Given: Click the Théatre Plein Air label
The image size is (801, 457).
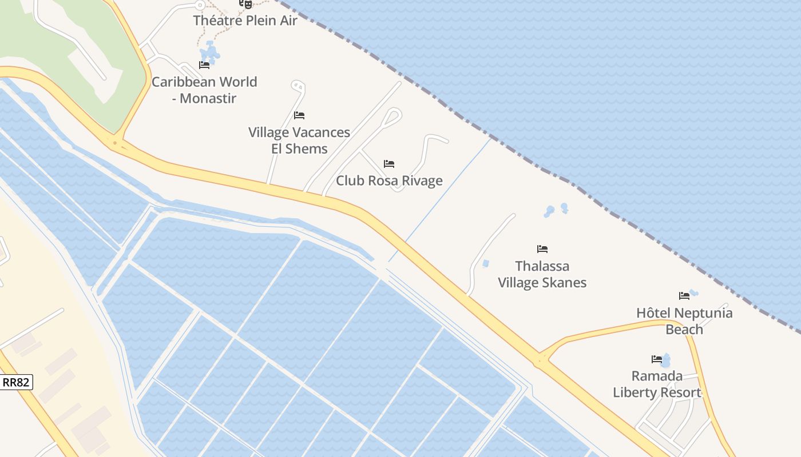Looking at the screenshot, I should coord(245,21).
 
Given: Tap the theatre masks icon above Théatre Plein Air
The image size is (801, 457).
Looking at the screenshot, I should coord(245,4).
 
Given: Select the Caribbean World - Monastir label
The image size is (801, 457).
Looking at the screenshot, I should coord(204,90).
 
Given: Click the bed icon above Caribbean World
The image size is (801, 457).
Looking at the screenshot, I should coord(204,65).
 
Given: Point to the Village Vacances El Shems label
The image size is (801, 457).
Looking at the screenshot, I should coord(299,141).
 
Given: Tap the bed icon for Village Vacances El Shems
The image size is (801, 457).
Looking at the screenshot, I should coord(299,115).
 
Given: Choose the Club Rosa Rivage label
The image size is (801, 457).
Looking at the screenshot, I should coord(389,181).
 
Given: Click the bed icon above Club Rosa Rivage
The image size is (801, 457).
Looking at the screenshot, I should coord(389,164).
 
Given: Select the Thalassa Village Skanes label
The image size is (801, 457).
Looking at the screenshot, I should coord(542,274).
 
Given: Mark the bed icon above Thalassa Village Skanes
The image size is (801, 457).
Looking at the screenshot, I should coord(542,249).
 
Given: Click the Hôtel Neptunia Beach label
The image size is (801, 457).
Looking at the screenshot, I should coord(684,321).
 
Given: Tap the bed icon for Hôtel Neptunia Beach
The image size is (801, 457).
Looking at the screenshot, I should coord(684,296).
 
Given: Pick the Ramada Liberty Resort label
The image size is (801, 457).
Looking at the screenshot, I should coord(657,384).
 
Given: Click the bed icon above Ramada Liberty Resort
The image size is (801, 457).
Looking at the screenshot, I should coord(657,359).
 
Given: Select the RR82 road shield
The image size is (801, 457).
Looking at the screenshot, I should coord(16,382).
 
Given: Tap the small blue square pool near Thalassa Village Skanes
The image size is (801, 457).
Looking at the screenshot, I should coord(486,263).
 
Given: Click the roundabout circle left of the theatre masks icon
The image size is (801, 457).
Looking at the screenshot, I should coord(200,5).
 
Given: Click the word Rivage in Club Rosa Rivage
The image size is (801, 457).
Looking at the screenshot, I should coord(422,181).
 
